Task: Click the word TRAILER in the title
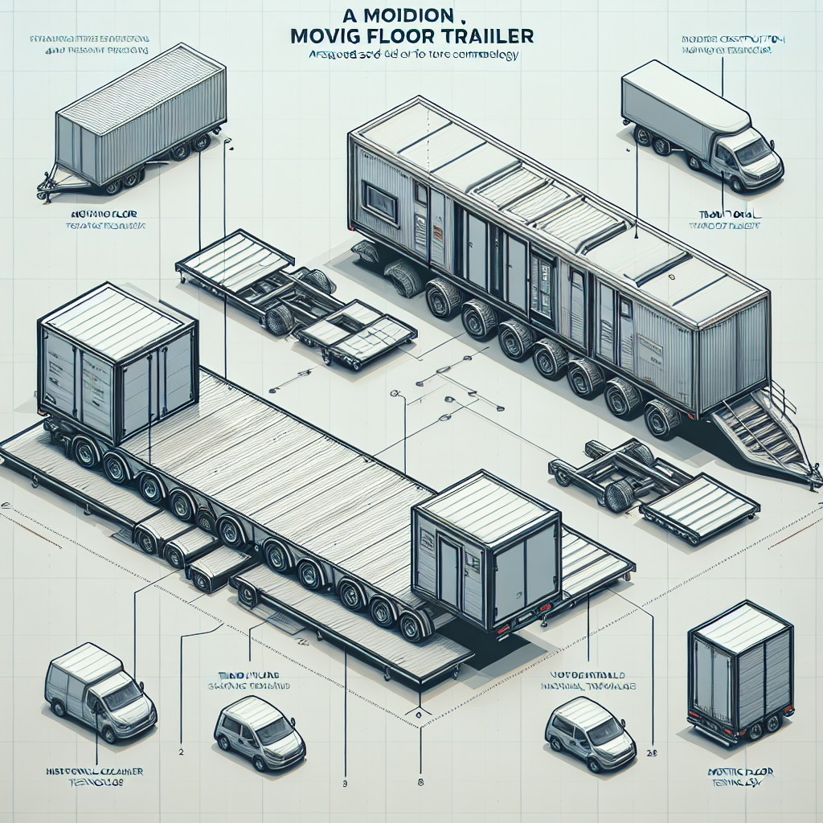tap(487, 37)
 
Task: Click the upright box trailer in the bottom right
tap(740, 670)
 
